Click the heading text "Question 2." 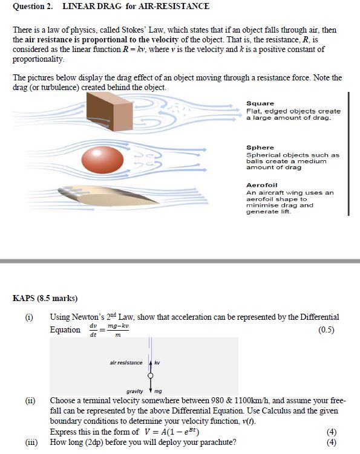pyautogui.click(x=33, y=7)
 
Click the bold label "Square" pyautogui.click(x=260, y=103)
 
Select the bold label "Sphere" pyautogui.click(x=260, y=148)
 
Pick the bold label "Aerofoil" pyautogui.click(x=262, y=185)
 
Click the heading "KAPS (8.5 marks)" pyautogui.click(x=45, y=298)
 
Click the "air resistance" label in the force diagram pyautogui.click(x=126, y=363)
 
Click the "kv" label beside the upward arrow pyautogui.click(x=157, y=363)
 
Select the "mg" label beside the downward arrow pyautogui.click(x=159, y=391)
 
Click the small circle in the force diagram pyautogui.click(x=150, y=375)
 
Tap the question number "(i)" pyautogui.click(x=28, y=317)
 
